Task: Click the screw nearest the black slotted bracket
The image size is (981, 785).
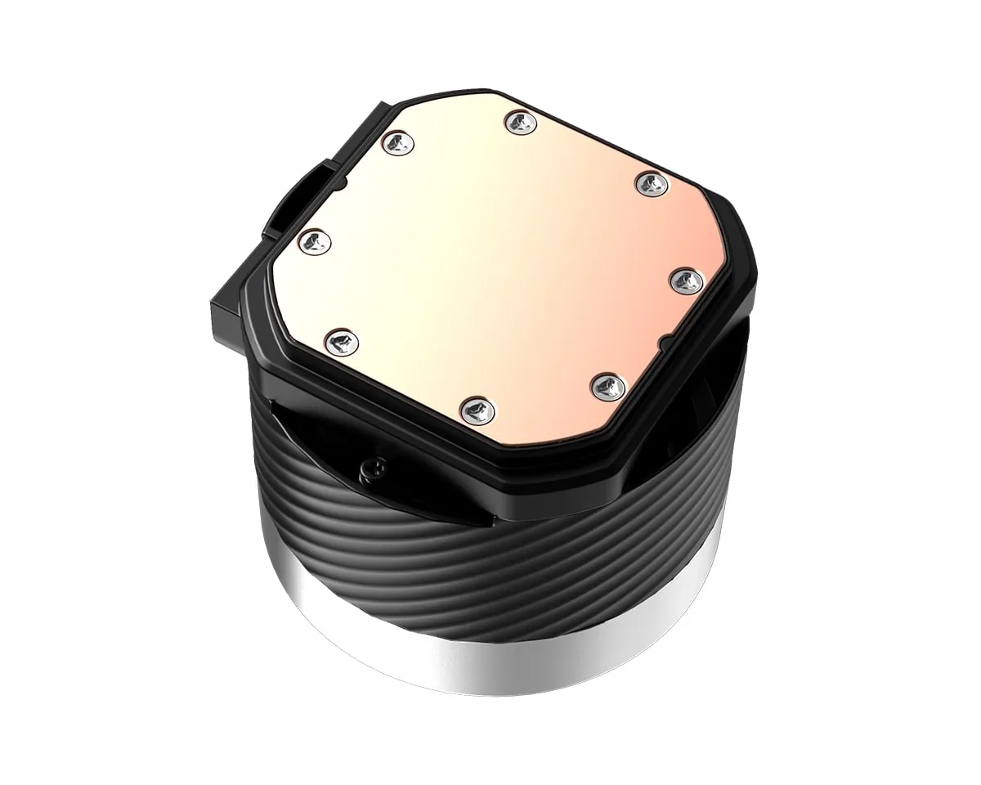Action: click(x=398, y=141)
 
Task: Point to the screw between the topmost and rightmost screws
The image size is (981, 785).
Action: click(x=649, y=180)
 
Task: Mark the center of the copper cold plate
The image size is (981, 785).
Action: click(x=499, y=262)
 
